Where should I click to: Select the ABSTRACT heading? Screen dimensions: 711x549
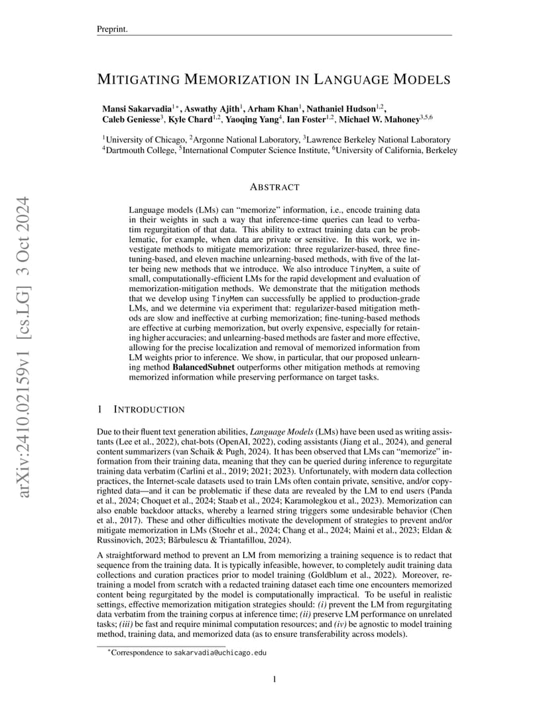tap(274, 188)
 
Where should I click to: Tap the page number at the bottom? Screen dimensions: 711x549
tap(274, 679)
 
